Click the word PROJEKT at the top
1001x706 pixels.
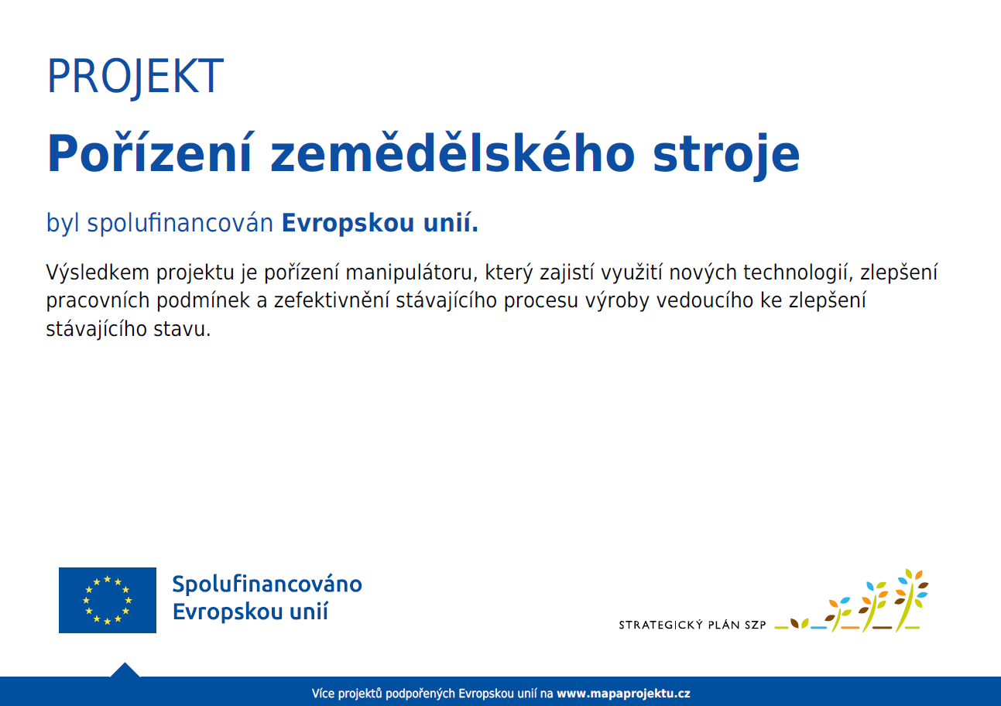pos(135,77)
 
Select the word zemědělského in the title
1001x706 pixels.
pos(452,153)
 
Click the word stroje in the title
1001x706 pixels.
pos(726,156)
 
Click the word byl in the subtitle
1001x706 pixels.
pos(63,222)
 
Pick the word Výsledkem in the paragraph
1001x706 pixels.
pos(98,272)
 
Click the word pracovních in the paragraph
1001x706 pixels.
pos(98,300)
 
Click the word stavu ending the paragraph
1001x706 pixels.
pos(182,329)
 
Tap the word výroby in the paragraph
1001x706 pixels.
pos(617,301)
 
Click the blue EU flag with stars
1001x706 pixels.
pos(108,600)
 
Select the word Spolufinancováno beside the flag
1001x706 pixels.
pos(267,584)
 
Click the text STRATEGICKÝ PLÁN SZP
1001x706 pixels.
pos(692,625)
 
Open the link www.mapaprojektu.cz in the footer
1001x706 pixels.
pos(623,694)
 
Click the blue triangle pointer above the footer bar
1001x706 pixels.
pos(125,670)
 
